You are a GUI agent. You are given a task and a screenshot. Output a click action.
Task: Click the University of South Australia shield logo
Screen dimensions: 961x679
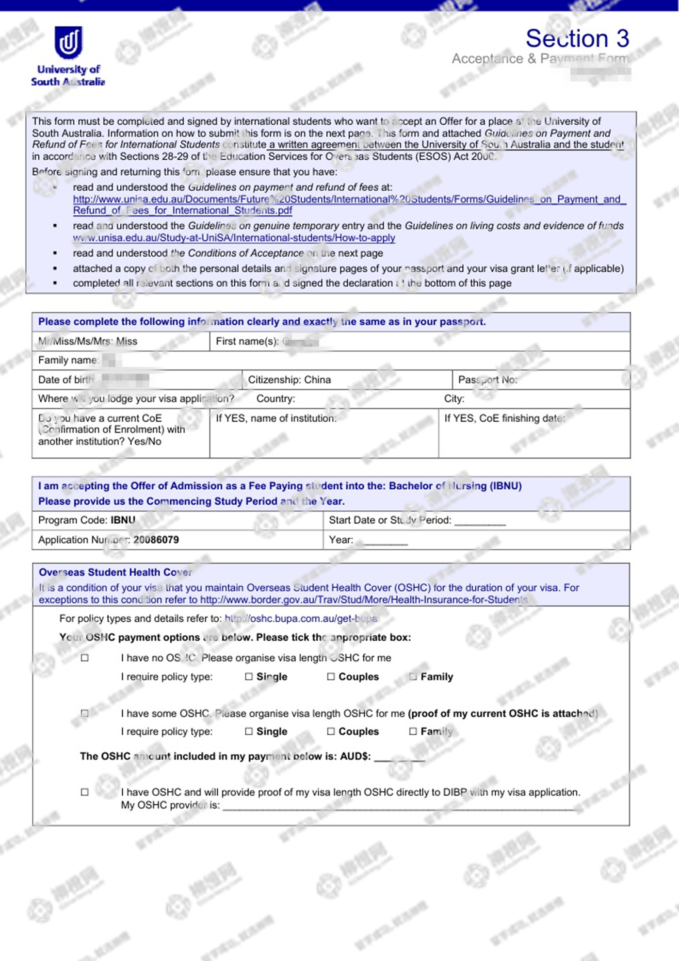coord(68,42)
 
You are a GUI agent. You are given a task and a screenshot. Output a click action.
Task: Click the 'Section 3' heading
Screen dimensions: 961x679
coord(577,38)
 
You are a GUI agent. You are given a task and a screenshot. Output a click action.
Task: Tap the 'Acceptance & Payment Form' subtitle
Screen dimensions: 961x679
coord(540,59)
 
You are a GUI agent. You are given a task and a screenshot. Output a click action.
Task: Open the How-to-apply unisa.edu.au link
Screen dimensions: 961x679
coord(234,238)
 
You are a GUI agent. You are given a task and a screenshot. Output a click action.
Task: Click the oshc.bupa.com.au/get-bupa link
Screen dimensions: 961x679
coord(301,618)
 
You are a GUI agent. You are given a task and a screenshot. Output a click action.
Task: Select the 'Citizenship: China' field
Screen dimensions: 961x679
coord(290,380)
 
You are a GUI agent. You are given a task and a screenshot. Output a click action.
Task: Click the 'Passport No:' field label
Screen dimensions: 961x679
coord(487,380)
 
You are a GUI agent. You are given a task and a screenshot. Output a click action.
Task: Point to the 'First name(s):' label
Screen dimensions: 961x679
coord(247,341)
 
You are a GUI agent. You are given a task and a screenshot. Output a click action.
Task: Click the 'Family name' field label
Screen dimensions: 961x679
coord(68,360)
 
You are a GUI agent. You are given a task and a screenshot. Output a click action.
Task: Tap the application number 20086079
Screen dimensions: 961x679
coord(156,540)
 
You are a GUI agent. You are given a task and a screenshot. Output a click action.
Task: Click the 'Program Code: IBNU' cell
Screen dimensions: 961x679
coord(87,520)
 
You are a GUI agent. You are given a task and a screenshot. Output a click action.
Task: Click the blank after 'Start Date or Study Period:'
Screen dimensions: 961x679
coord(480,522)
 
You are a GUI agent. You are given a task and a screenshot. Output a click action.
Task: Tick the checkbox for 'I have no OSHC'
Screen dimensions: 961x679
coord(85,658)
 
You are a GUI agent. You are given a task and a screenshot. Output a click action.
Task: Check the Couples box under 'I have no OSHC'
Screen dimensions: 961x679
coord(331,677)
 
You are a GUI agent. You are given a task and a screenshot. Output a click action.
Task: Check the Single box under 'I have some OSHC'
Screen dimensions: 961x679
coord(249,731)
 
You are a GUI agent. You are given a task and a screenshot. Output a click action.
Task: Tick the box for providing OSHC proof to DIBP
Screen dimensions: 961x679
coord(85,792)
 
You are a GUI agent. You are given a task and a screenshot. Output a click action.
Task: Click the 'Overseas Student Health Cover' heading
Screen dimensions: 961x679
coord(115,572)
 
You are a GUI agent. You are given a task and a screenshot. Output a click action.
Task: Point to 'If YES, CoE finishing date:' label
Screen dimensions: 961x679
coord(504,418)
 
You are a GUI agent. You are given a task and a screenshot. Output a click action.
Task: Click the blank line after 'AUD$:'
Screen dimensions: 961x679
coord(399,758)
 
